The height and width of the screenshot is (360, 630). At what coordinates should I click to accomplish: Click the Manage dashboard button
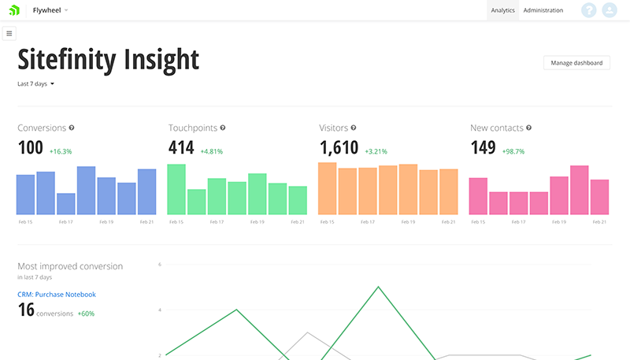(x=576, y=63)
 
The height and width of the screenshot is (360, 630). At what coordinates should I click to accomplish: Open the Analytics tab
(x=502, y=10)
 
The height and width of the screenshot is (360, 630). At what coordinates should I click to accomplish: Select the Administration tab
(x=543, y=10)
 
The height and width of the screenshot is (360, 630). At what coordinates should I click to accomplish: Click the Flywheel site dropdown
(x=50, y=10)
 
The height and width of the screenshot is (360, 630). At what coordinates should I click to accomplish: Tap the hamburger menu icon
(x=9, y=33)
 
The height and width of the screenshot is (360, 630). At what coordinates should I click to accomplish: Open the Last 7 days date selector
(x=35, y=84)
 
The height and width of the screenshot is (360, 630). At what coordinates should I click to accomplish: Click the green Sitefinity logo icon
(x=14, y=10)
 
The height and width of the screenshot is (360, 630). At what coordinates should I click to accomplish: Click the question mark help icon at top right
(x=588, y=10)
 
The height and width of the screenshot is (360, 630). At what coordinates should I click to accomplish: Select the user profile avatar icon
(x=609, y=10)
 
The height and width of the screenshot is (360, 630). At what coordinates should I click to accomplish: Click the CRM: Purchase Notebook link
(x=57, y=295)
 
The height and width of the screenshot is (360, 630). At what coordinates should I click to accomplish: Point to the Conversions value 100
(x=30, y=148)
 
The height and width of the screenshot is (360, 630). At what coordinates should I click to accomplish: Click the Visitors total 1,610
(x=339, y=148)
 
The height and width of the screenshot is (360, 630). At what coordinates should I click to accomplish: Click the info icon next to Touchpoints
(x=223, y=128)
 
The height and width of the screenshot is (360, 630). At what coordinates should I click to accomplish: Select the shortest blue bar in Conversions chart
(x=66, y=204)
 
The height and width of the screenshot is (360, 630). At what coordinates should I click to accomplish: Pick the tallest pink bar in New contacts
(x=580, y=190)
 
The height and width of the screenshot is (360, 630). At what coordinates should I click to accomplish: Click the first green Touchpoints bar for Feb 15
(x=176, y=189)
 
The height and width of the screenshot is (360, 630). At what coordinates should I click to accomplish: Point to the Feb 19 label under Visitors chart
(x=407, y=222)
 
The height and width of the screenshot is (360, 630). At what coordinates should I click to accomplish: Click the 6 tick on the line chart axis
(x=159, y=265)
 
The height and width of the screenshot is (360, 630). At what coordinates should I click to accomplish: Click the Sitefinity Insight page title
(x=108, y=59)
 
